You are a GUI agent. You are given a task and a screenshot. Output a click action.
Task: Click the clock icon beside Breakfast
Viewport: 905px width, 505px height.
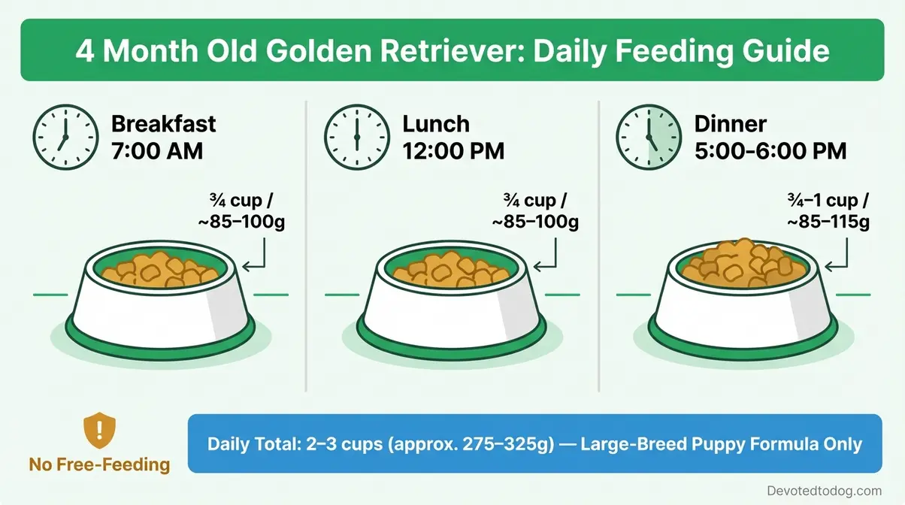[x=65, y=137]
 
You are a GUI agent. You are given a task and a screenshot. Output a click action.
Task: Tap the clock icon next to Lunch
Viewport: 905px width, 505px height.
[x=357, y=137]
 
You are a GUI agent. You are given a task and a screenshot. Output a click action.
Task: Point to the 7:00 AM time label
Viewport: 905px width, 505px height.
[x=156, y=150]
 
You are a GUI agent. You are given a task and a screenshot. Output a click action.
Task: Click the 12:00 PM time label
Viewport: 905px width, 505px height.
[x=452, y=150]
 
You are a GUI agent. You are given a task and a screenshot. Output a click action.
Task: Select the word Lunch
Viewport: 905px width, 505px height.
[x=435, y=124]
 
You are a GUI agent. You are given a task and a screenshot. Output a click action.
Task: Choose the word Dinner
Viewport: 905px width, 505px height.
[x=731, y=124]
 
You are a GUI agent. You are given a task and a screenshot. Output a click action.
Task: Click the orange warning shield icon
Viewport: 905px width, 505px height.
[x=99, y=429]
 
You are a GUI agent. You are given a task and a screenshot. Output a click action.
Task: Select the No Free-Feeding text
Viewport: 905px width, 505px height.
[x=99, y=464]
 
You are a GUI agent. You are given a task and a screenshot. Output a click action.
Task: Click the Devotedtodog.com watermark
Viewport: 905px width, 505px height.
[x=824, y=491]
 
